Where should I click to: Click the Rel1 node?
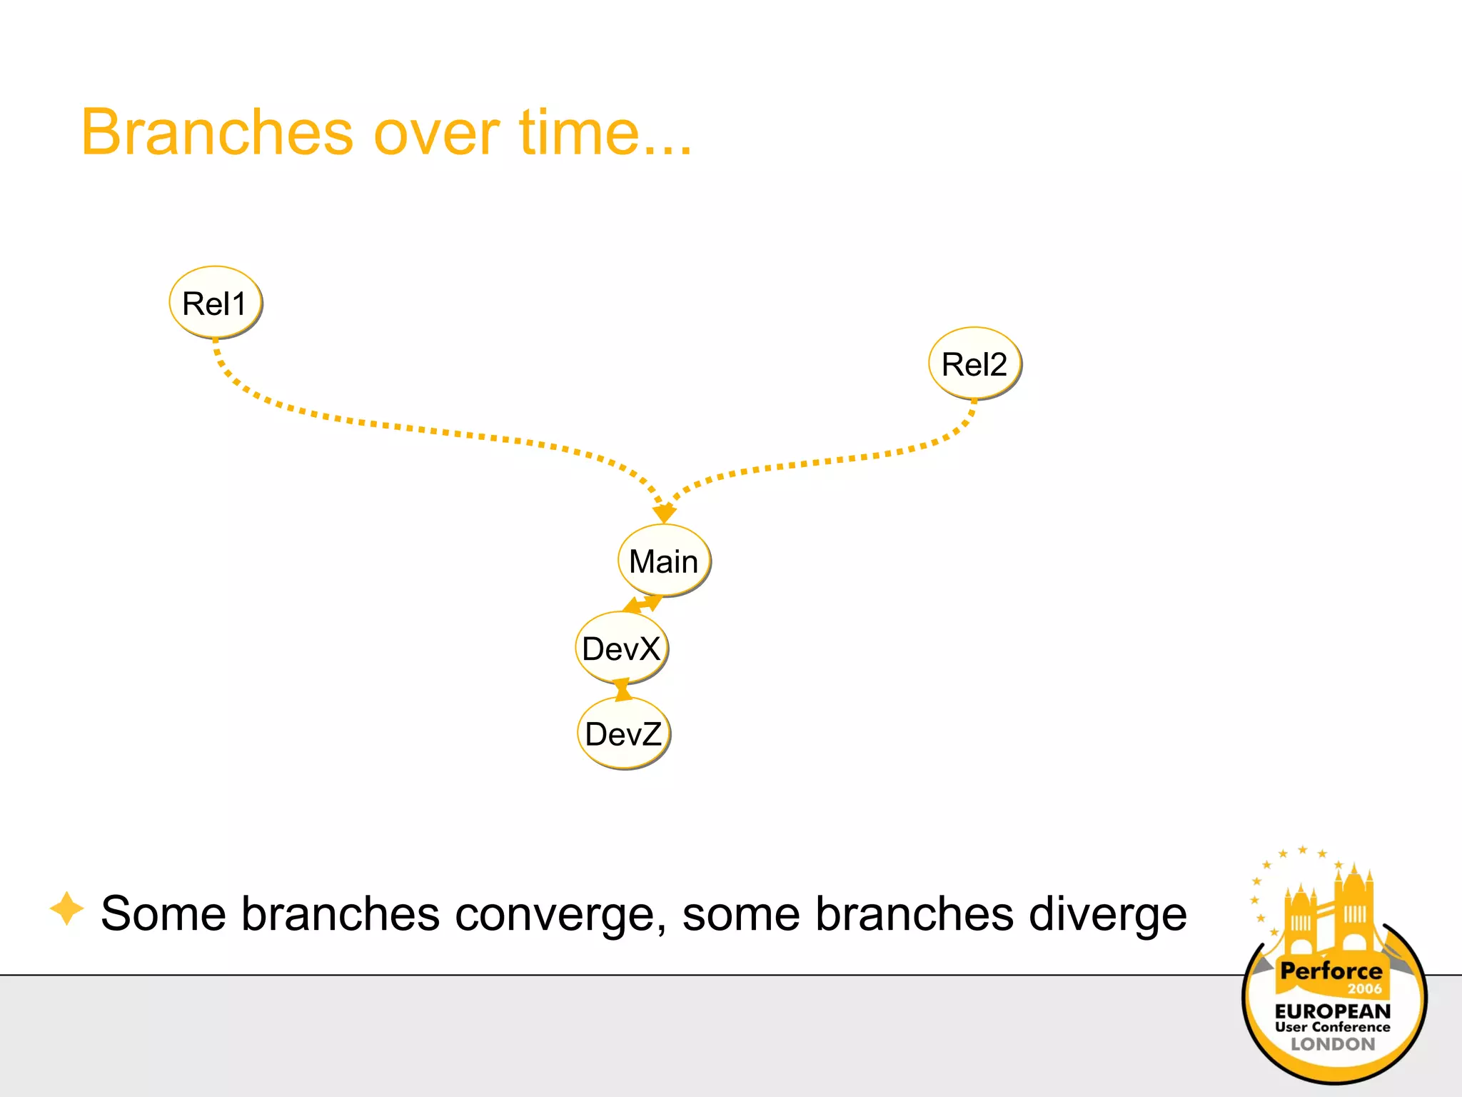click(x=215, y=303)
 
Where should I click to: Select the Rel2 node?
click(x=974, y=364)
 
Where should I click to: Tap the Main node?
click(x=664, y=561)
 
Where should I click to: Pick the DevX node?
click(x=621, y=648)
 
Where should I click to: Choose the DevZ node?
click(x=623, y=733)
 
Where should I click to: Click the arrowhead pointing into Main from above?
click(x=664, y=512)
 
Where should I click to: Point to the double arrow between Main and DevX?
click(x=642, y=604)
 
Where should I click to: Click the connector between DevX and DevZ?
click(x=622, y=690)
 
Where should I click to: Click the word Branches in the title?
click(x=217, y=133)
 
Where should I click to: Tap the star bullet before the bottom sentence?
click(x=67, y=909)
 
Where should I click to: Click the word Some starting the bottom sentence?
click(x=163, y=914)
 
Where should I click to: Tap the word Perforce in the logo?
click(x=1331, y=971)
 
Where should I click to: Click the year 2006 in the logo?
click(x=1364, y=989)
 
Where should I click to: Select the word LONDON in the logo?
click(x=1332, y=1044)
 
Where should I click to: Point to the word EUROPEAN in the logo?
click(x=1332, y=1011)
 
